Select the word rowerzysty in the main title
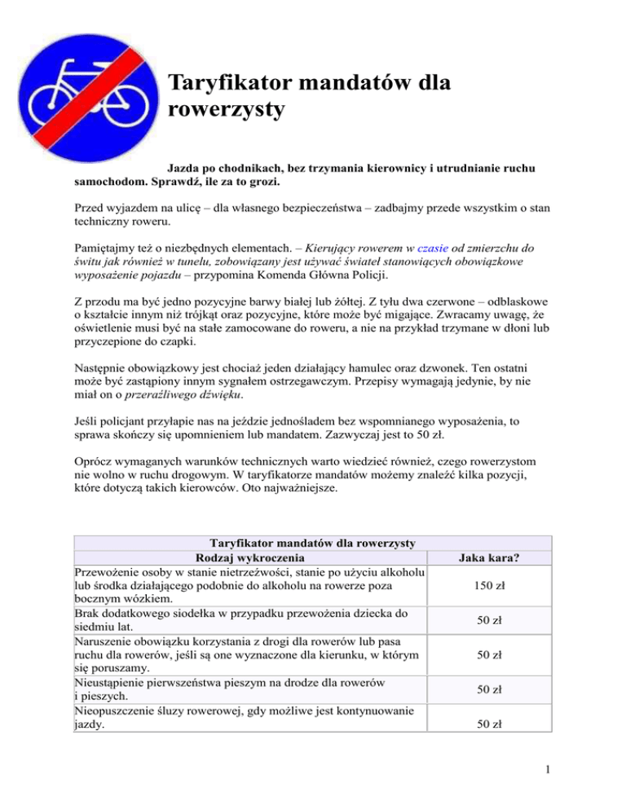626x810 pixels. (225, 109)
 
